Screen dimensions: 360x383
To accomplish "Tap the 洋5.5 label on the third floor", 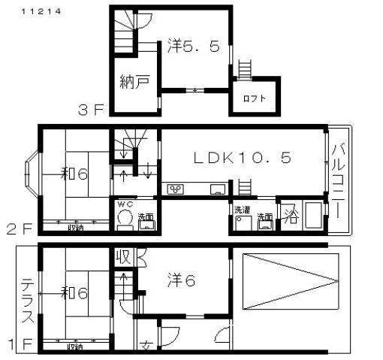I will pos(193,46).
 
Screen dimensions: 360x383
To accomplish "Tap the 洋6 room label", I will pos(180,280).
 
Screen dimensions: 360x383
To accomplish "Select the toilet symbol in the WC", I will pos(124,219).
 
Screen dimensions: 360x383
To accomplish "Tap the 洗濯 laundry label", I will pos(242,208).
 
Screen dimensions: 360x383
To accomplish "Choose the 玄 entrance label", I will pos(146,346).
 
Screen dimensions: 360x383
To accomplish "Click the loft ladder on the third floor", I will pos(244,68).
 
